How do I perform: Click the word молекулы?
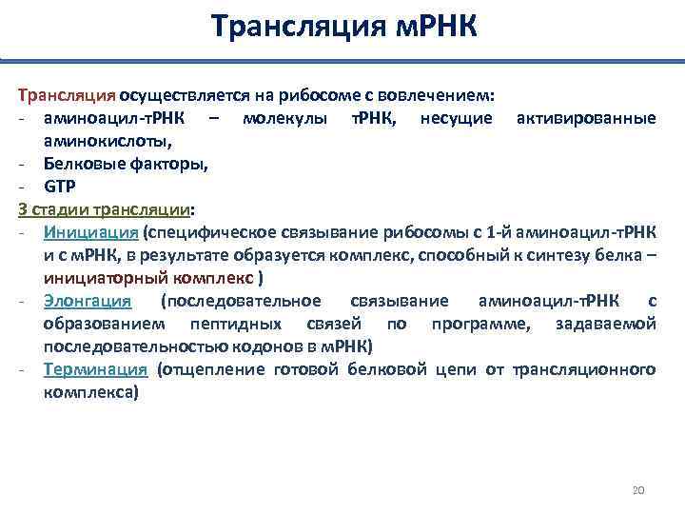tap(285, 118)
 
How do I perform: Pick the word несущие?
tap(456, 118)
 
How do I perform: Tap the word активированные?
tap(585, 118)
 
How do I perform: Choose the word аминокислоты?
tap(107, 140)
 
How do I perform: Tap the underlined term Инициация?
tap(91, 231)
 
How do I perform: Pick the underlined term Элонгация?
tap(87, 301)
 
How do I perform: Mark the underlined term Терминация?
tap(95, 369)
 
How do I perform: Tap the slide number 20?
tap(638, 490)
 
